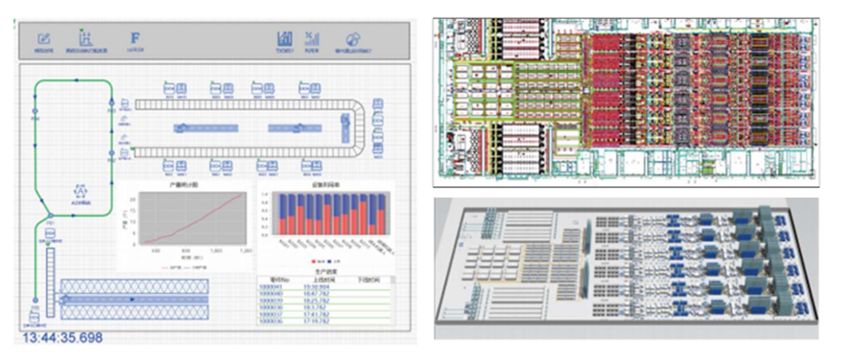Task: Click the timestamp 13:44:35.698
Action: [63, 338]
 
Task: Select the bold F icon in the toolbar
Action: [134, 38]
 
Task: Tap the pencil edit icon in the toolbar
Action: [45, 38]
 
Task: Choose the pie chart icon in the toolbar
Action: [353, 39]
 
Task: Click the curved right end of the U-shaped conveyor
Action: [362, 127]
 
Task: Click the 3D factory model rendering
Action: [625, 269]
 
